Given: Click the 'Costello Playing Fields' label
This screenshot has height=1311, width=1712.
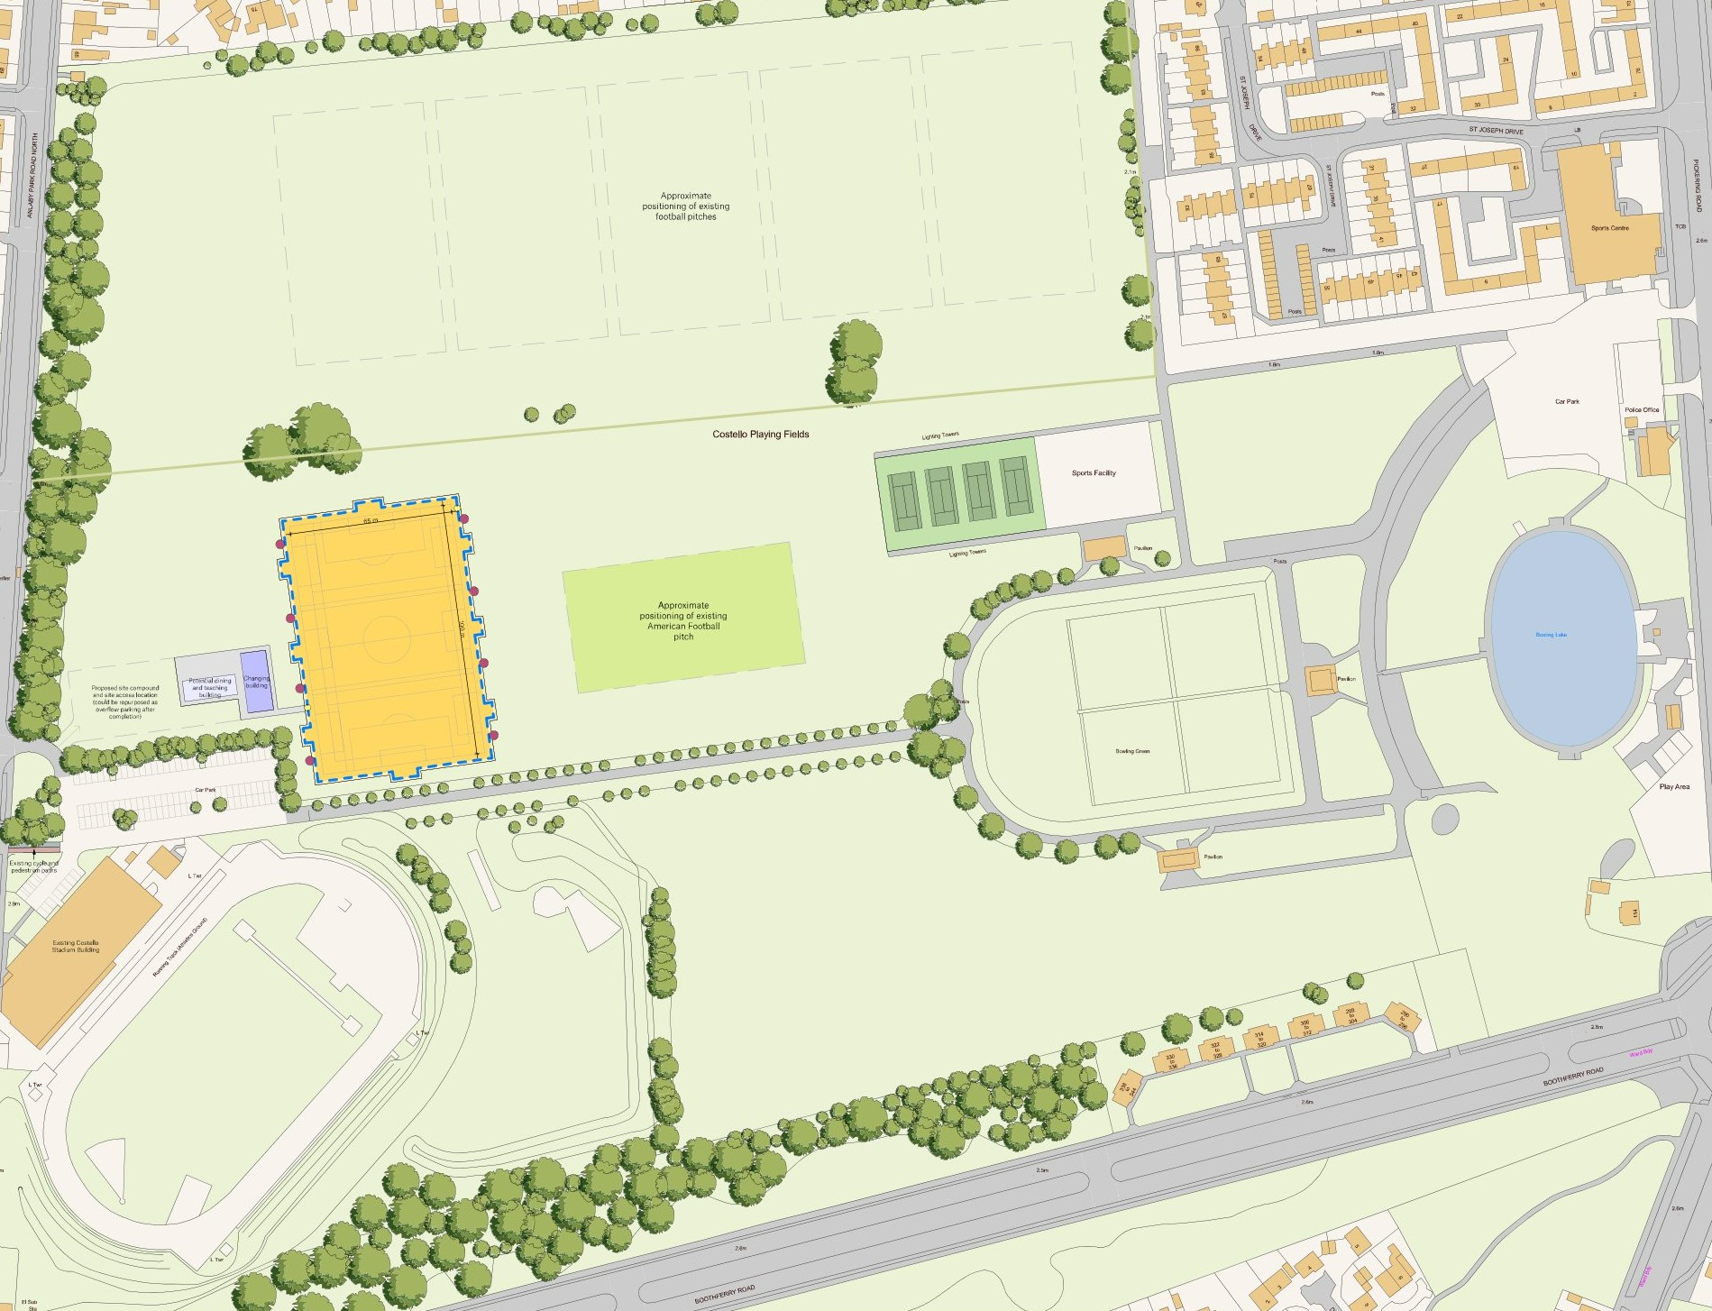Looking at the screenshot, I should (x=760, y=435).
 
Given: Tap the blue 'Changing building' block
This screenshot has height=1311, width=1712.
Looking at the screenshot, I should (x=257, y=681).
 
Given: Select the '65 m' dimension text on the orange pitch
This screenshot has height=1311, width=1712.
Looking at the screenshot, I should (x=371, y=522).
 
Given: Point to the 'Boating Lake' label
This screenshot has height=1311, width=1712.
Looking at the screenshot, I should (x=1551, y=635).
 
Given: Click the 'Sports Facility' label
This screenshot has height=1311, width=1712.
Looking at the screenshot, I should (x=1094, y=473).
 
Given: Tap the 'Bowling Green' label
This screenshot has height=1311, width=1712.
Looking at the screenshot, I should (x=1132, y=751).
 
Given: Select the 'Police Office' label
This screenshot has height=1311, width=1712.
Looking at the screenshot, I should (x=1642, y=410).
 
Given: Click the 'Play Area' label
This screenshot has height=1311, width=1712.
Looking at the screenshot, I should (x=1674, y=787).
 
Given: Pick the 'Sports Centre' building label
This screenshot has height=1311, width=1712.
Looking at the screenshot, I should (x=1609, y=228).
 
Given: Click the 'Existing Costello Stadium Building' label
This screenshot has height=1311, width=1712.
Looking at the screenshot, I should (x=76, y=946).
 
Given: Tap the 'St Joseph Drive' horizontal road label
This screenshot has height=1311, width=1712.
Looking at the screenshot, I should (x=1496, y=131).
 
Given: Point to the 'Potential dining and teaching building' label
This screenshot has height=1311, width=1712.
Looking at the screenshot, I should (x=210, y=687).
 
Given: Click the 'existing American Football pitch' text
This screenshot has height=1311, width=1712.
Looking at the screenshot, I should (x=683, y=621).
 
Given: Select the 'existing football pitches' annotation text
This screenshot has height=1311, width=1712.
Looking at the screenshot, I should (x=685, y=206).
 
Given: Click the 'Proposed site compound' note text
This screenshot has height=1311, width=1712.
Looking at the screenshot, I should (x=125, y=701).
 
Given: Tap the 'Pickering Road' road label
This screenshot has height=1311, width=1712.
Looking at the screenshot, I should (x=1697, y=185).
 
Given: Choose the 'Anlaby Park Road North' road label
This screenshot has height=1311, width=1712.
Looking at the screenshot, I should (x=35, y=176).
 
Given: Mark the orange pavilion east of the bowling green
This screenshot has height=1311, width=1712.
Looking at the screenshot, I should (x=1321, y=680).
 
